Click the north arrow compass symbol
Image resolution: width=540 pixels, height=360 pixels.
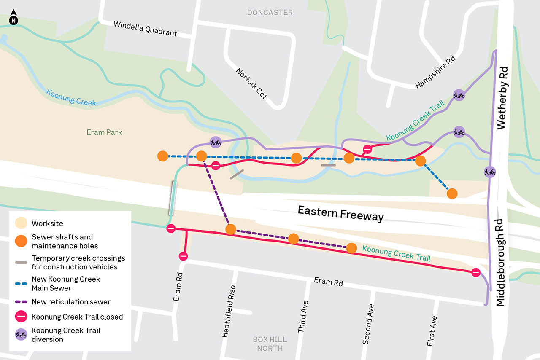coord(13,17)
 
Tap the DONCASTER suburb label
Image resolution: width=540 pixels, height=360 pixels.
coord(270,13)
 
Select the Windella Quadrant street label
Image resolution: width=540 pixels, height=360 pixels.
coord(145,28)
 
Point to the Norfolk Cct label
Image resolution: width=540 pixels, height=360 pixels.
coord(251,83)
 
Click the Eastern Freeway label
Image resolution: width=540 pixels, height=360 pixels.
coord(340,213)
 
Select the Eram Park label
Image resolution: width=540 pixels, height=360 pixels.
coord(104,132)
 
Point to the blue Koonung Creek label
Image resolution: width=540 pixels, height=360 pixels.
coord(71,97)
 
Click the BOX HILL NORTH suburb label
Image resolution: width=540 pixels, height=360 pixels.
coord(270,344)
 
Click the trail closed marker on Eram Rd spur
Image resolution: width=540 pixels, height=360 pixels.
coord(183,256)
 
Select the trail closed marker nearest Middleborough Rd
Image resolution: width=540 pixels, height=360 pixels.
coord(476,272)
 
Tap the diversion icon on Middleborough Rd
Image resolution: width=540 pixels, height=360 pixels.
coord(490,172)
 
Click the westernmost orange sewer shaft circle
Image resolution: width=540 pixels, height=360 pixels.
coord(162,156)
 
